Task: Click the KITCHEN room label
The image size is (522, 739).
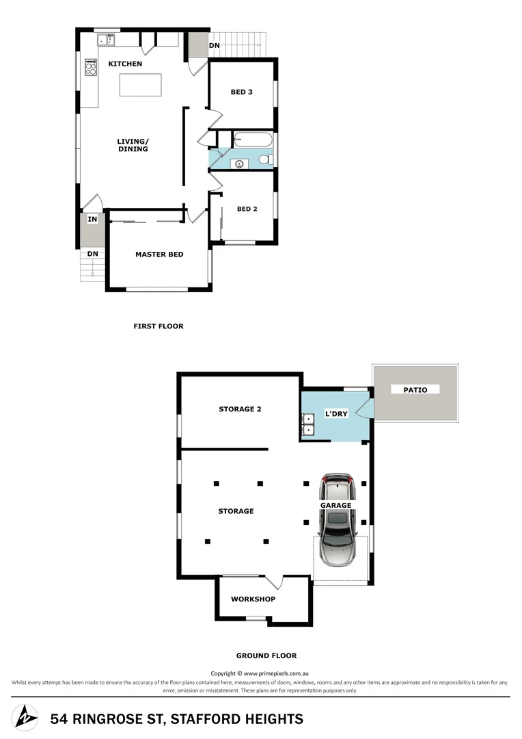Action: [x=125, y=64]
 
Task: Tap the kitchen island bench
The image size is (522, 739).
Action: [x=141, y=85]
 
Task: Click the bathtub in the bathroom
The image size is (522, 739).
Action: [x=252, y=140]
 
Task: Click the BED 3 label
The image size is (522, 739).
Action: [x=241, y=92]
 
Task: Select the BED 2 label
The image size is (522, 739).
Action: [x=247, y=209]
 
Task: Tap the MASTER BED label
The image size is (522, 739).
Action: [x=159, y=255]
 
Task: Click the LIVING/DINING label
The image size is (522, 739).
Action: [x=133, y=145]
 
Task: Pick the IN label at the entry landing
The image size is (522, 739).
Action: [x=92, y=220]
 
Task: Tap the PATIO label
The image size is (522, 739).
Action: [x=415, y=390]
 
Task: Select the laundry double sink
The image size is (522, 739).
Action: [x=308, y=424]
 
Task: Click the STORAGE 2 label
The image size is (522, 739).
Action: [x=240, y=409]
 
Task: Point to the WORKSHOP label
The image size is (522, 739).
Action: [x=253, y=599]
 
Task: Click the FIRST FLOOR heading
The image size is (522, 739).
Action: [x=159, y=326]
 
